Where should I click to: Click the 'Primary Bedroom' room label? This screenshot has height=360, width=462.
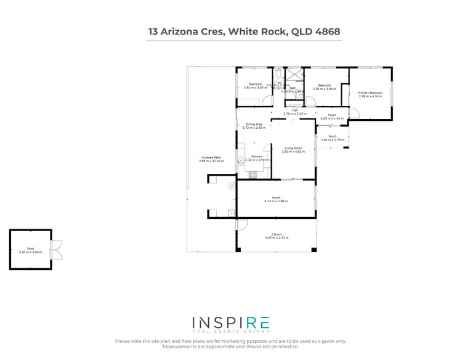(x=370, y=93)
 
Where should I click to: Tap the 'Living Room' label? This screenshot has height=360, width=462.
(x=293, y=148)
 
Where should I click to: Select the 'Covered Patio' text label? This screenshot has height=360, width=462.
(x=211, y=157)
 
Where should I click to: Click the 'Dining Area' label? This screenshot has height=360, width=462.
(x=254, y=125)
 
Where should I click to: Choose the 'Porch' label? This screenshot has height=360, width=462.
(x=332, y=136)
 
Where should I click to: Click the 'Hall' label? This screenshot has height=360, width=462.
(x=294, y=110)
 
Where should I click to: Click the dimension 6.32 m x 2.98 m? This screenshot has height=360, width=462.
(x=276, y=201)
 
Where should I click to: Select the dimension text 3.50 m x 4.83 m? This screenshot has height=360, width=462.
(x=293, y=152)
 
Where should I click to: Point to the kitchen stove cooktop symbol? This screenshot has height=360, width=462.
(x=253, y=174)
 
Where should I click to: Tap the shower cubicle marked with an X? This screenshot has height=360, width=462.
(x=296, y=75)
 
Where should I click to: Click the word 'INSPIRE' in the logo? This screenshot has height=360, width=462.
(x=230, y=323)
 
